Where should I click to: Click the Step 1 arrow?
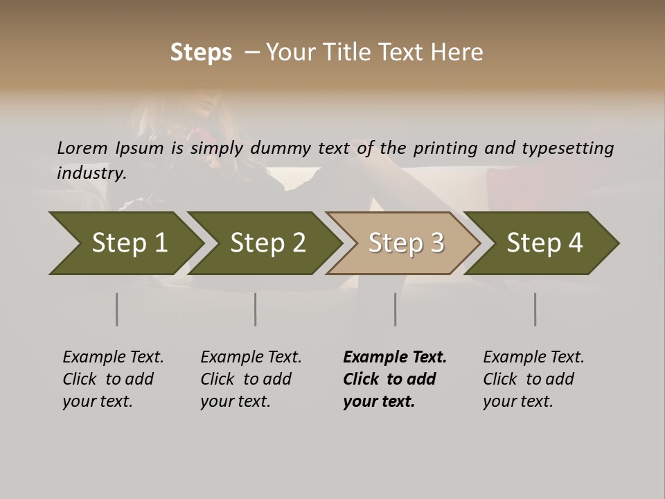pos(129,243)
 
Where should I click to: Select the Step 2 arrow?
pos(267,243)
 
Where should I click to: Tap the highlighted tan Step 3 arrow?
pos(406,243)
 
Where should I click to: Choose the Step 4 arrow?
pos(544,243)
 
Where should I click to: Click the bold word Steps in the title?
pos(201,52)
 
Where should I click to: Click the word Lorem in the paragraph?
pos(82,148)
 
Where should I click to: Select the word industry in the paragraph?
pos(91,173)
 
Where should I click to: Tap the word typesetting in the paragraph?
pos(567,148)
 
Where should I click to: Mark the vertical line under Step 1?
pos(117,309)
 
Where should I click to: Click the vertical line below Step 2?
pos(256,309)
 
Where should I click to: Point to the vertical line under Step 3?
pos(396,309)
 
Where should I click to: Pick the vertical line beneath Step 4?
pos(535,309)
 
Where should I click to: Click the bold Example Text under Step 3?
pos(395,357)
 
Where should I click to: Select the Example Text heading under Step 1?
pos(113,357)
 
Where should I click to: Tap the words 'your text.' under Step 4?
pos(517,401)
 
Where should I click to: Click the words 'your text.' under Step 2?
pos(235,401)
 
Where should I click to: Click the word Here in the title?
pos(458,52)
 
